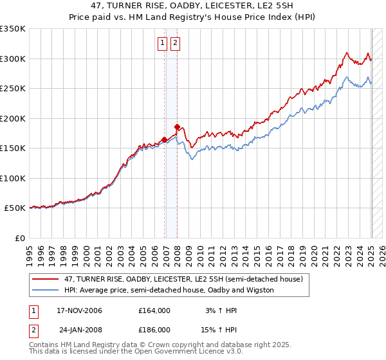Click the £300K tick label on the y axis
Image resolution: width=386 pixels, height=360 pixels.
click(13, 59)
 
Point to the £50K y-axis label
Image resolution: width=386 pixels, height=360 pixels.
click(15, 208)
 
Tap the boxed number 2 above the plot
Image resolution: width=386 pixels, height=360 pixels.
click(174, 44)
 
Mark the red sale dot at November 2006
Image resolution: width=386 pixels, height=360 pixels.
click(165, 139)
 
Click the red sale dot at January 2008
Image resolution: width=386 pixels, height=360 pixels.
click(177, 127)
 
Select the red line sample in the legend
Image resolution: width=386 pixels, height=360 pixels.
click(45, 279)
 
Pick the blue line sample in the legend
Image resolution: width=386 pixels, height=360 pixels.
click(45, 290)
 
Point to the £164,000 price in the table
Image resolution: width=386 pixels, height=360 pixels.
click(154, 310)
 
